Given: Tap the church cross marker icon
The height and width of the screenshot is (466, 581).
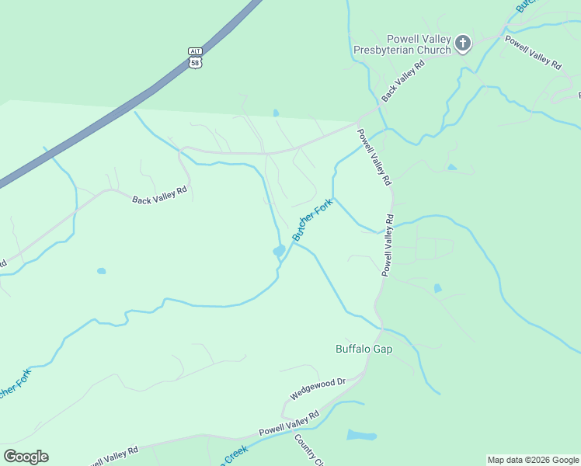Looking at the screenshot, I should pos(463,43).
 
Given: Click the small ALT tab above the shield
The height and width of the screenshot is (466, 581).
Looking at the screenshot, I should pos(195,51).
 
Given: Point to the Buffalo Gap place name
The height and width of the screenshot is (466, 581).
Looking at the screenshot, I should pos(364,349).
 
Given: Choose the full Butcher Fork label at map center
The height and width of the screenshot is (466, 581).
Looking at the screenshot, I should pos(312,219).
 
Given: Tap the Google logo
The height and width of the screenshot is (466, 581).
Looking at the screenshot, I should pos(26,457).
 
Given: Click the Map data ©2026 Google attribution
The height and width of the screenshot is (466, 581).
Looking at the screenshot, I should pos(533,460).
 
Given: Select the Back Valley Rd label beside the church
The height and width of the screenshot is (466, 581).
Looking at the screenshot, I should pos(404,80).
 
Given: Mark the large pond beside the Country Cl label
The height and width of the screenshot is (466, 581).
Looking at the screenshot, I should pos(360,435).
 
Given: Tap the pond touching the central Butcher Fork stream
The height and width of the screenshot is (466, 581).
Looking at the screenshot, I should pos(278,251).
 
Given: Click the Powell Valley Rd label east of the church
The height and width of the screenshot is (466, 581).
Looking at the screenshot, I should pos(533,53).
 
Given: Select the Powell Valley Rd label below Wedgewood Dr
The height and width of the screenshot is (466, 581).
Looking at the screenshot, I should pos(289,424).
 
